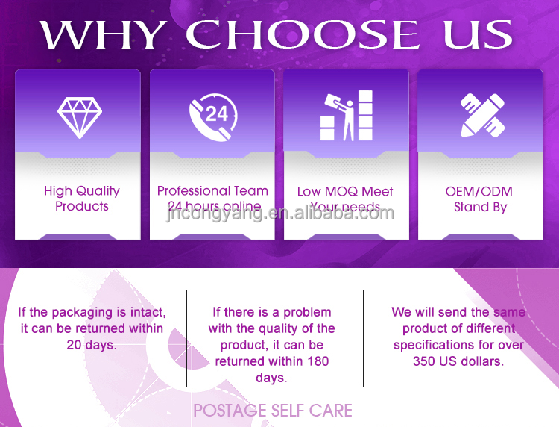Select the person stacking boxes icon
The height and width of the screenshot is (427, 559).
tap(346, 116)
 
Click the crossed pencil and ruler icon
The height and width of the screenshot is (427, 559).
tap(480, 115)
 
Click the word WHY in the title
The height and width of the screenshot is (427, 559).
tap(103, 35)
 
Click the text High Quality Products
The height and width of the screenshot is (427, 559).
tap(81, 199)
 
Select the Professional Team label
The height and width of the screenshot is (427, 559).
tap(212, 190)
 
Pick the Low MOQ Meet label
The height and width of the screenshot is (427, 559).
tap(345, 191)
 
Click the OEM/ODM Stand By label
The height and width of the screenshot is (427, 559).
tap(479, 199)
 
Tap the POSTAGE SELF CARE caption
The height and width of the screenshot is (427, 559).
tap(272, 411)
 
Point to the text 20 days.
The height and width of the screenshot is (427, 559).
tap(91, 345)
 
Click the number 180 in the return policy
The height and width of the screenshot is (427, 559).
tap(316, 361)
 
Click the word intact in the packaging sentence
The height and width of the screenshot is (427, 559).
tap(144, 312)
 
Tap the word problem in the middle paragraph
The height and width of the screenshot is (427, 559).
tap(307, 312)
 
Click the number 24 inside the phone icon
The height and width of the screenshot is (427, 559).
tap(216, 114)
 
